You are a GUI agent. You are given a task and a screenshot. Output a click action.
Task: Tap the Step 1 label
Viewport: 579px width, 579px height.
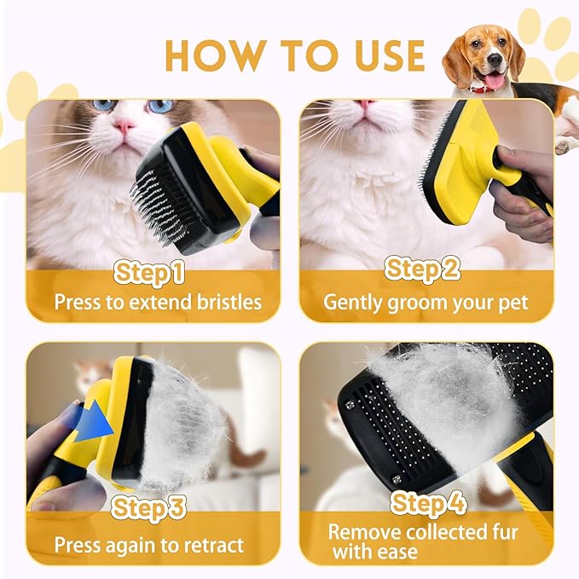[x=150, y=272]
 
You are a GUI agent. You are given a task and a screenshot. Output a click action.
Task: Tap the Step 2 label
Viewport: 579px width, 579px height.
[x=423, y=269]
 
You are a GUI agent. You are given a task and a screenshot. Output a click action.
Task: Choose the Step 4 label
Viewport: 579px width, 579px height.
[x=428, y=503]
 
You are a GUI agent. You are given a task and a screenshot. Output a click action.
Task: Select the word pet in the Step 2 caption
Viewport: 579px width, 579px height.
[x=511, y=302]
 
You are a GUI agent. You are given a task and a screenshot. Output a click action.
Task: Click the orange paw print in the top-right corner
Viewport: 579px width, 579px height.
[x=546, y=38]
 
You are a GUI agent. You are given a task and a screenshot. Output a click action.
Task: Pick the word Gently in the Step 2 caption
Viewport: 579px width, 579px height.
[x=352, y=302]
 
